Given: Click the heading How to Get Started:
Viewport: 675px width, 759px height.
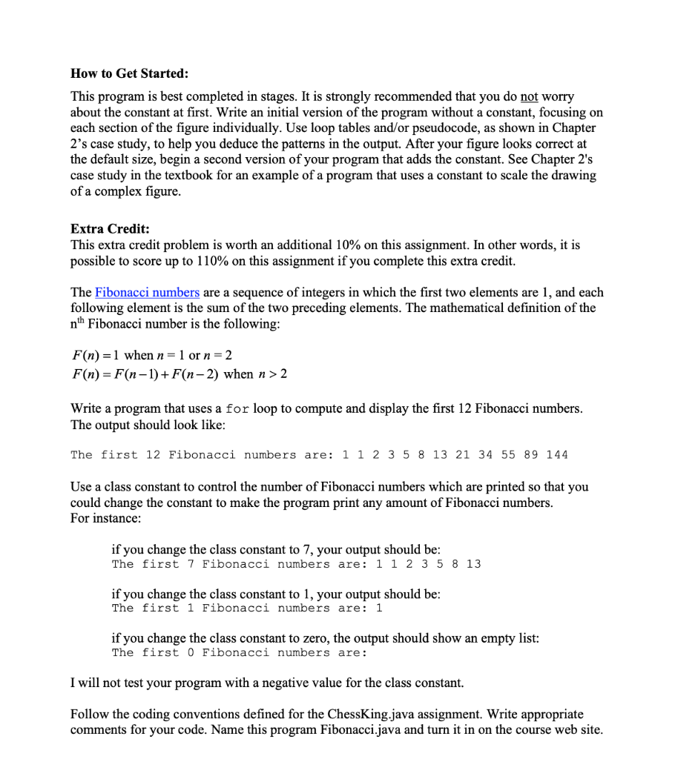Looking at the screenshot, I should (129, 73).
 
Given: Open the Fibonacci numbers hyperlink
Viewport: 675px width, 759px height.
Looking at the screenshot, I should (147, 292).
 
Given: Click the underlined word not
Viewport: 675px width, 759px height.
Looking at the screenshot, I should (528, 97).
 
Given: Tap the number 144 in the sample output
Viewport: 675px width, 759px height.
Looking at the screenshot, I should (556, 454).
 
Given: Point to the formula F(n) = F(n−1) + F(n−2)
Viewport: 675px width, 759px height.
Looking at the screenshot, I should (145, 374).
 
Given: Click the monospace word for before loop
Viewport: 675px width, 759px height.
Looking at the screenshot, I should (237, 409).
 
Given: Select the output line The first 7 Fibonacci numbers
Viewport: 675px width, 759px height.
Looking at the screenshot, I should (296, 564).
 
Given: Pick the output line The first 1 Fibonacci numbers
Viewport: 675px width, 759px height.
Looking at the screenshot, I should (247, 608).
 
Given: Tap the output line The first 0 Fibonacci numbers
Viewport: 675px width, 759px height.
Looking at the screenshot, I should (240, 652).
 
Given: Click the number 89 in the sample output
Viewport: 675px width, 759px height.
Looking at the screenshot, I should (531, 454).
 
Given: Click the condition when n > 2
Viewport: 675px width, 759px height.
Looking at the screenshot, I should (255, 374).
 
